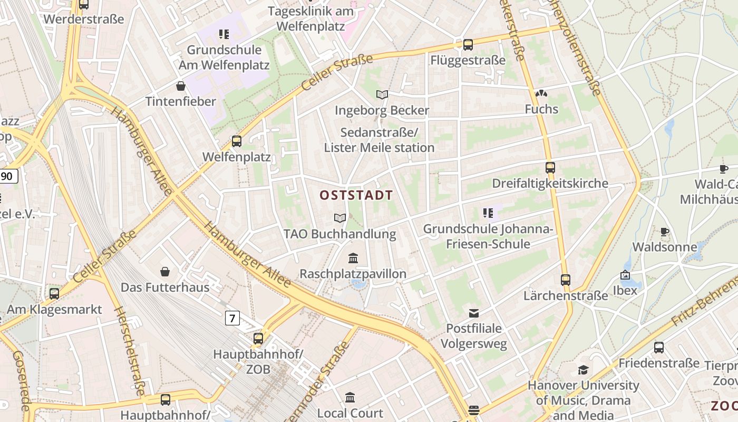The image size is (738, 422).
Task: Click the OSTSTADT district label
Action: tap(356, 195)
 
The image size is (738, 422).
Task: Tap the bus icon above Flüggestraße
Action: tap(468, 45)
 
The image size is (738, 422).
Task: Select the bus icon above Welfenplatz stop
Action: tap(237, 141)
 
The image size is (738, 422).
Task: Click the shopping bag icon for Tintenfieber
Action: tap(181, 85)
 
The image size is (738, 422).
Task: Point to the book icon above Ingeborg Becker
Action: tap(382, 95)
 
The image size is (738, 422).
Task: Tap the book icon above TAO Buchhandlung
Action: tap(340, 218)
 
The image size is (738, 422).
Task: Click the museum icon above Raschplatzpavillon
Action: tap(353, 258)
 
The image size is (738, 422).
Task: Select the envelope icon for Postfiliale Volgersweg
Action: tap(474, 313)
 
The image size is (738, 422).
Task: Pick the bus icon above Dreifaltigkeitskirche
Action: tap(550, 168)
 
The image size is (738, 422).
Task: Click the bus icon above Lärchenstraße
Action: tap(566, 280)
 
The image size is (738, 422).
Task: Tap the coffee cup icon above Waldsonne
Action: tap(664, 232)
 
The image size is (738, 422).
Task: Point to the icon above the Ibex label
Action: tap(625, 275)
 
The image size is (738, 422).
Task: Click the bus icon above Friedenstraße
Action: tap(659, 348)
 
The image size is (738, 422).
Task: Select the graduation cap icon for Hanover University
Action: tap(583, 370)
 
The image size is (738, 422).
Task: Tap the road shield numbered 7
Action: tap(232, 318)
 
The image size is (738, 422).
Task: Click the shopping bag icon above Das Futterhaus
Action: tap(165, 272)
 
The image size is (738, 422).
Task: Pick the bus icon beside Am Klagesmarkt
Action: tap(54, 294)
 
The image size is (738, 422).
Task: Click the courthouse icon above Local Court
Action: tap(350, 397)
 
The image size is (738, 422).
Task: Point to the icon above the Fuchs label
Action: tap(541, 94)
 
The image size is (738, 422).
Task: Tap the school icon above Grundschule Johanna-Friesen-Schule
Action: tap(488, 213)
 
